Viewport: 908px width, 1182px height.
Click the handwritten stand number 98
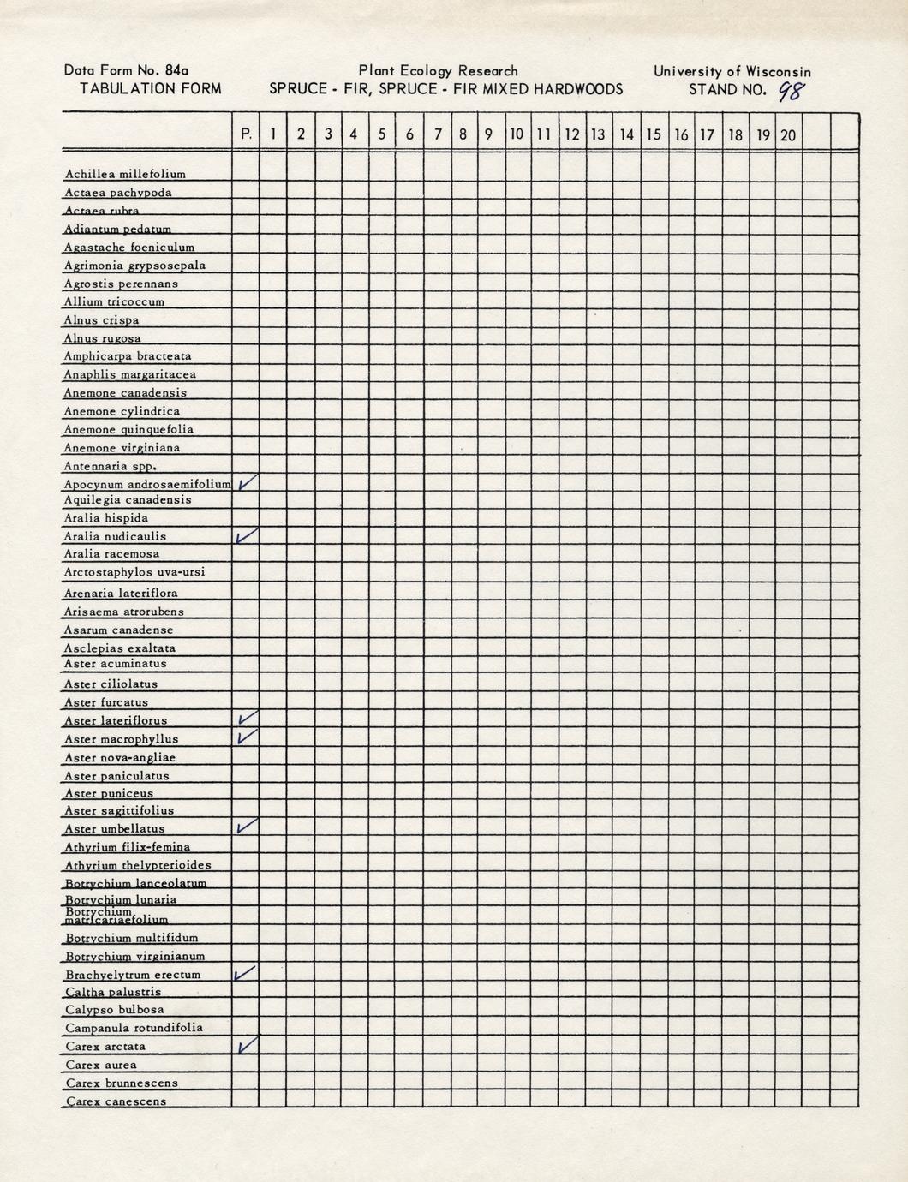790,90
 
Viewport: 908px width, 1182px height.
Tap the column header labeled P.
247,134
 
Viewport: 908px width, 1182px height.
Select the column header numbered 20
788,134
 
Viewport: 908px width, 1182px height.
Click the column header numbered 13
598,134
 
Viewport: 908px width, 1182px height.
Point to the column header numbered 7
438,134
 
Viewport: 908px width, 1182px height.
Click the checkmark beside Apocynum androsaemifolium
248,483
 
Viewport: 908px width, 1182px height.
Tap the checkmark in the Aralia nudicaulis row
247,536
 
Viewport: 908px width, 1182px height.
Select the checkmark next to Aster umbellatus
247,827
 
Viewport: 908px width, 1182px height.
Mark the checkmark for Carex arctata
248,1045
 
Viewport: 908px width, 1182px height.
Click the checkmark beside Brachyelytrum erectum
246,973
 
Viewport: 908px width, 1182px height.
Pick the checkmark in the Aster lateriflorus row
247,719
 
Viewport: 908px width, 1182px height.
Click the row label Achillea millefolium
125,174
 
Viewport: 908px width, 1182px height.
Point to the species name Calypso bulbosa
115,1010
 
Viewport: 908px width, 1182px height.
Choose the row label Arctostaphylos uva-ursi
134,572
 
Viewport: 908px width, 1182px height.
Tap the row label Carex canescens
116,1101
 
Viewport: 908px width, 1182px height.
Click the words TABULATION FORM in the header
150,88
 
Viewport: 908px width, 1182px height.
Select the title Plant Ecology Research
438,71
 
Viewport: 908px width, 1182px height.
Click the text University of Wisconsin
732,72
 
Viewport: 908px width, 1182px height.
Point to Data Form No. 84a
126,71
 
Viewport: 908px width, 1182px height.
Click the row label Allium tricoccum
114,301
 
